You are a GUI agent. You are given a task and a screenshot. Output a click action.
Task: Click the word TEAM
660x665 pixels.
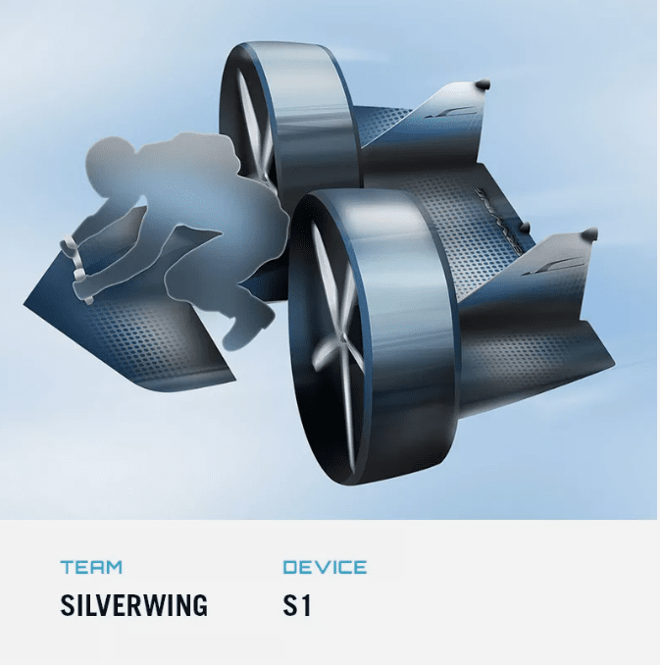91,567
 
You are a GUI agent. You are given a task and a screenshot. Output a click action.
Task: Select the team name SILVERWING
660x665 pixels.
134,605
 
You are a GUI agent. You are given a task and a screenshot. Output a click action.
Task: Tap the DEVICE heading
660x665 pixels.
325,567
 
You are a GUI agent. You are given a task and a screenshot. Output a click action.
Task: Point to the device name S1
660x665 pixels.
297,605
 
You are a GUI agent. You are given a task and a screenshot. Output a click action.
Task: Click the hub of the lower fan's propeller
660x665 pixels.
340,338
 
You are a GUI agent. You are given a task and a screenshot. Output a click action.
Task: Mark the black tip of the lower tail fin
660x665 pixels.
589,233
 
